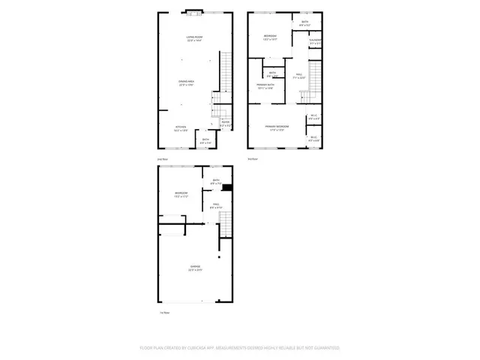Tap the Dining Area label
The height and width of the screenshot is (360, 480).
[187, 82]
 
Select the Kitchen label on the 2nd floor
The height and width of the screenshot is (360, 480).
[181, 127]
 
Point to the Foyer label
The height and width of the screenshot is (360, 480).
[225, 124]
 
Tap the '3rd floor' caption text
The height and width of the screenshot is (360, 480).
[253, 159]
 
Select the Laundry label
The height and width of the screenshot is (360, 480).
[316, 41]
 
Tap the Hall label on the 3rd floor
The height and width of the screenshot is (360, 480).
[298, 76]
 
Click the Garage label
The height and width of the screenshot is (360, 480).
[194, 268]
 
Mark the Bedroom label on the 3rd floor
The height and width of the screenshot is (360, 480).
[271, 37]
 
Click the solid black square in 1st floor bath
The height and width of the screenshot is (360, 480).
[226, 187]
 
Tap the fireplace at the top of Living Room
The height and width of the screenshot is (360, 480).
[193, 13]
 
